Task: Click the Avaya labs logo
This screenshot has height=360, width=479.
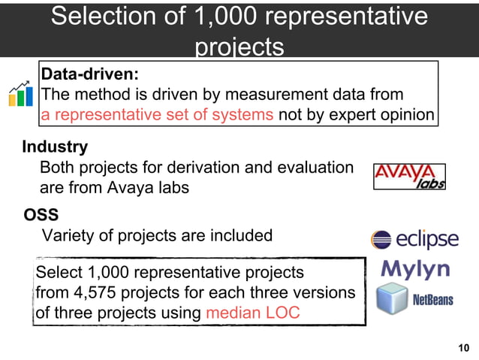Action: [x=409, y=177]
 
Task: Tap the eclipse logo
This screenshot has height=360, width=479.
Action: [x=414, y=240]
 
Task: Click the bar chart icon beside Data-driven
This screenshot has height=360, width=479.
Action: [x=20, y=92]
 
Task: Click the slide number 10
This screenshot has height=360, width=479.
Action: [x=463, y=347]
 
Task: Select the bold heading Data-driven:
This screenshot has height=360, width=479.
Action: [x=89, y=74]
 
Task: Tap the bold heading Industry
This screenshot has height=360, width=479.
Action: [x=55, y=147]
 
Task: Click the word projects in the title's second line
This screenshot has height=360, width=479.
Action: [x=239, y=47]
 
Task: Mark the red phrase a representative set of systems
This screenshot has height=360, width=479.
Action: [x=158, y=115]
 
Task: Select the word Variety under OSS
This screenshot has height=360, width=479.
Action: [x=68, y=236]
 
